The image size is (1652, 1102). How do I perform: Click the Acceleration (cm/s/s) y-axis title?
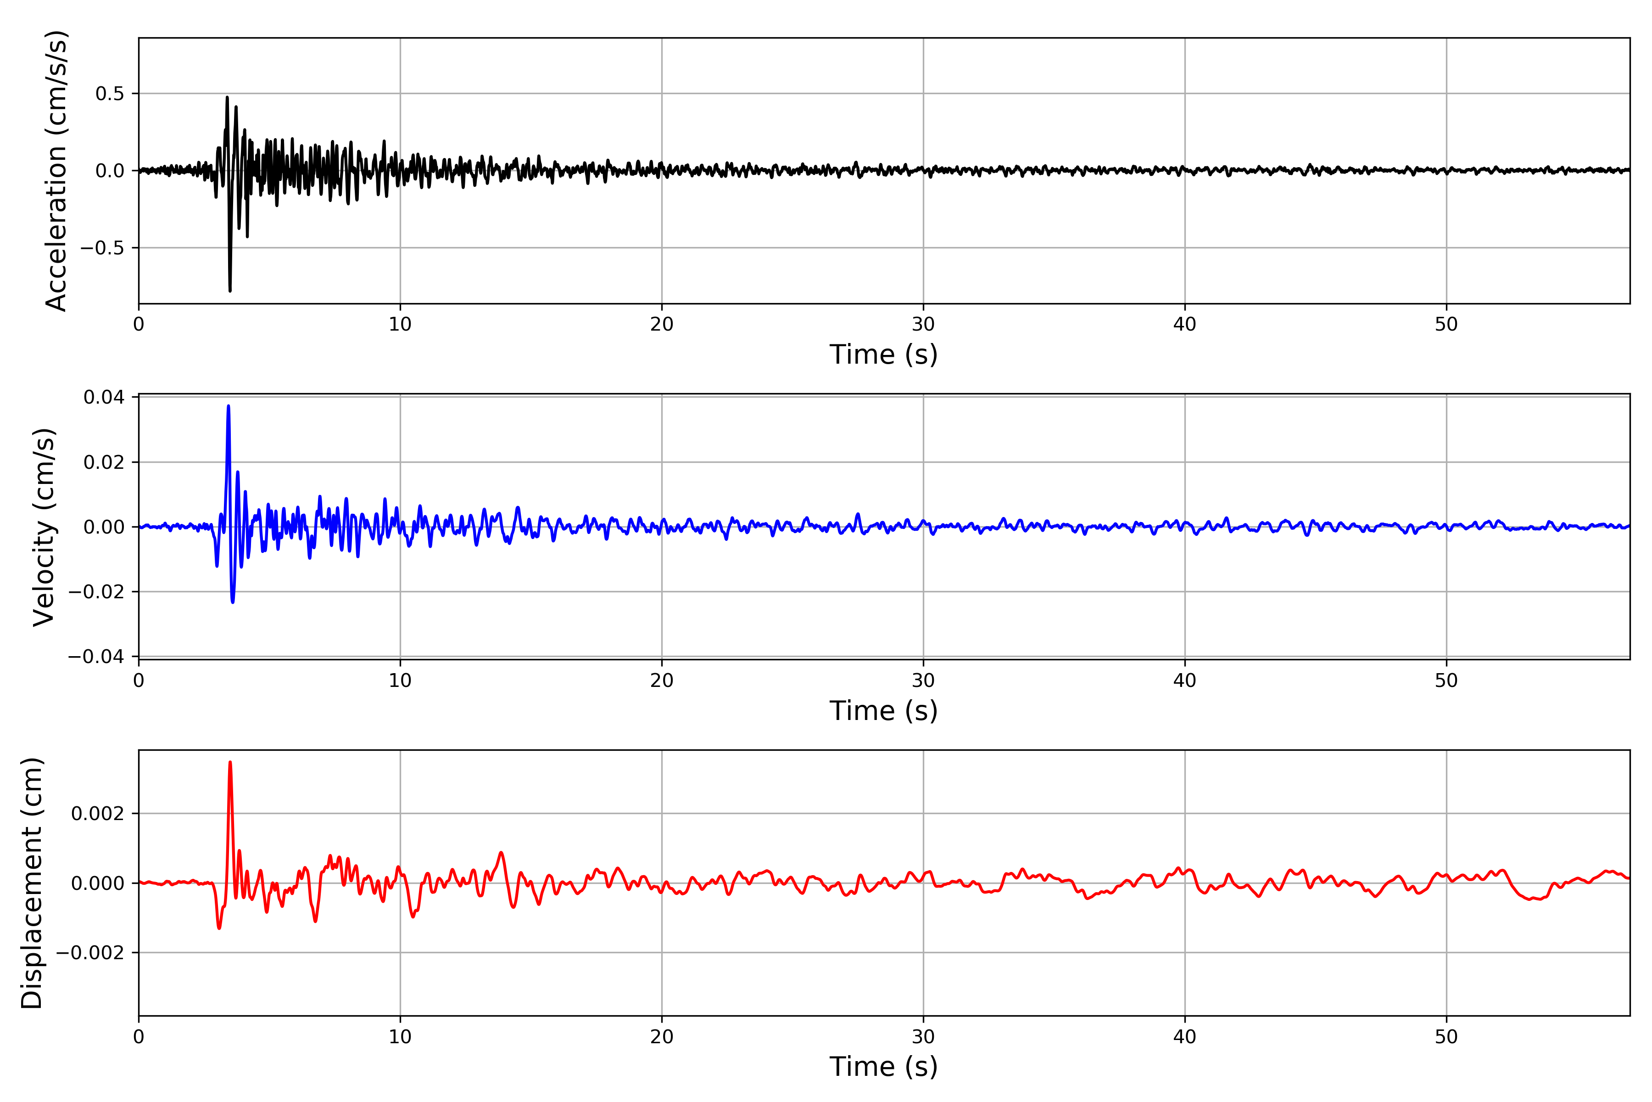(x=56, y=171)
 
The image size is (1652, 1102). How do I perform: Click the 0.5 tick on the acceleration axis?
(x=110, y=94)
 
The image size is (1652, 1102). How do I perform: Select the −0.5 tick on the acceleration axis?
(x=102, y=248)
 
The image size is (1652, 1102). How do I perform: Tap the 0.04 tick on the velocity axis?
(x=104, y=398)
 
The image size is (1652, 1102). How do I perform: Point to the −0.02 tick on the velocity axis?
(x=96, y=592)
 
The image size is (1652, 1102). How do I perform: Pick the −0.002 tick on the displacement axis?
(x=90, y=953)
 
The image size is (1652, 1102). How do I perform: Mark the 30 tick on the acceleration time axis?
(x=923, y=325)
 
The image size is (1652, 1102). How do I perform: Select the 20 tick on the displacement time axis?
(x=662, y=1037)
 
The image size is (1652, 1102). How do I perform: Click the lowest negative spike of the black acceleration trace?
(x=230, y=290)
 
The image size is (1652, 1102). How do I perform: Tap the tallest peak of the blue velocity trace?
(x=228, y=406)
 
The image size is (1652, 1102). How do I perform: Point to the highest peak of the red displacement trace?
(x=230, y=763)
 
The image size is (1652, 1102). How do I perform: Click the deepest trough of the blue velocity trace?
(x=233, y=602)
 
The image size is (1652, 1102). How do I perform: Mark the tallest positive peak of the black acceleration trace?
(x=227, y=98)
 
